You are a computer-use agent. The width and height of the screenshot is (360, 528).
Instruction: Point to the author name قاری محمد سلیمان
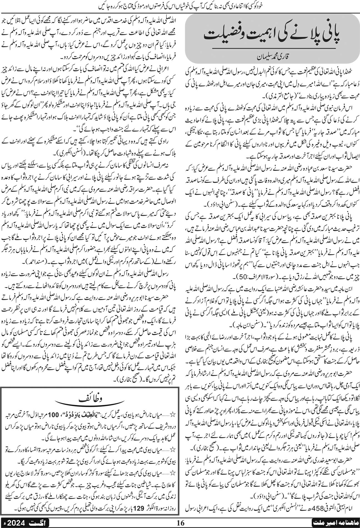(271, 59)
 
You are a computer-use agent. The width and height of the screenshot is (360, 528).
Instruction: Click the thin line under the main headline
(271, 50)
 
